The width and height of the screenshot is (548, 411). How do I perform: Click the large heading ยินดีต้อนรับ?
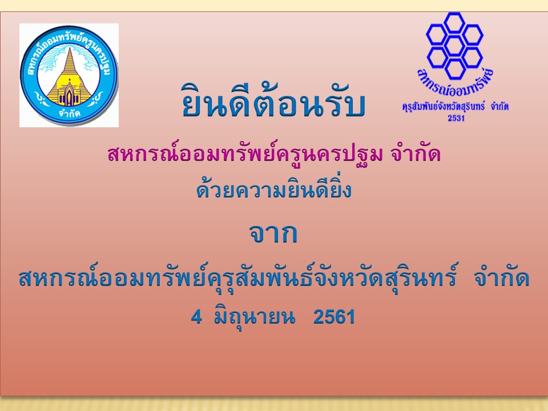273,102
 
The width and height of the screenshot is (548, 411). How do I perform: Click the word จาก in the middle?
273,233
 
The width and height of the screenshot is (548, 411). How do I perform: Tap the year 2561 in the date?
334,317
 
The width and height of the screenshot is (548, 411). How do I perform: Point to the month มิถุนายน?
255,317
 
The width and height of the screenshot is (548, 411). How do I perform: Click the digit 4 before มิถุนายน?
196,317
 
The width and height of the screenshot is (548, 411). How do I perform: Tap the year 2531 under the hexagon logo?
456,118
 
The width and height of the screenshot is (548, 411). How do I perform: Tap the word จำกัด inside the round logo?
69,114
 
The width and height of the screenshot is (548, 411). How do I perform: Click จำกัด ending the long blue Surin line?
502,279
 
